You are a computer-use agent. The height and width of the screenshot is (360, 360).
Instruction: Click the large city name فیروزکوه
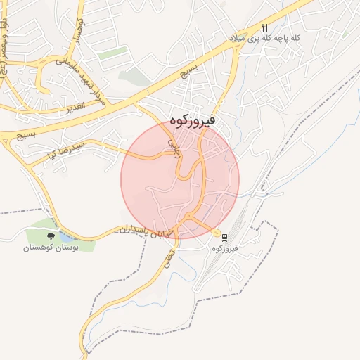click(x=192, y=120)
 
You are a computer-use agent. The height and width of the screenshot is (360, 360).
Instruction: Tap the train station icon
click(x=225, y=236)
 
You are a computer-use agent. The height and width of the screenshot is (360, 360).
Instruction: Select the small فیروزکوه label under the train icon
click(x=225, y=248)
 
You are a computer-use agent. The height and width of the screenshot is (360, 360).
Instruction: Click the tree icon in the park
click(x=50, y=236)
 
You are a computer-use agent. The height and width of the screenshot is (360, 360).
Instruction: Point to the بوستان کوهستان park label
click(x=50, y=247)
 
